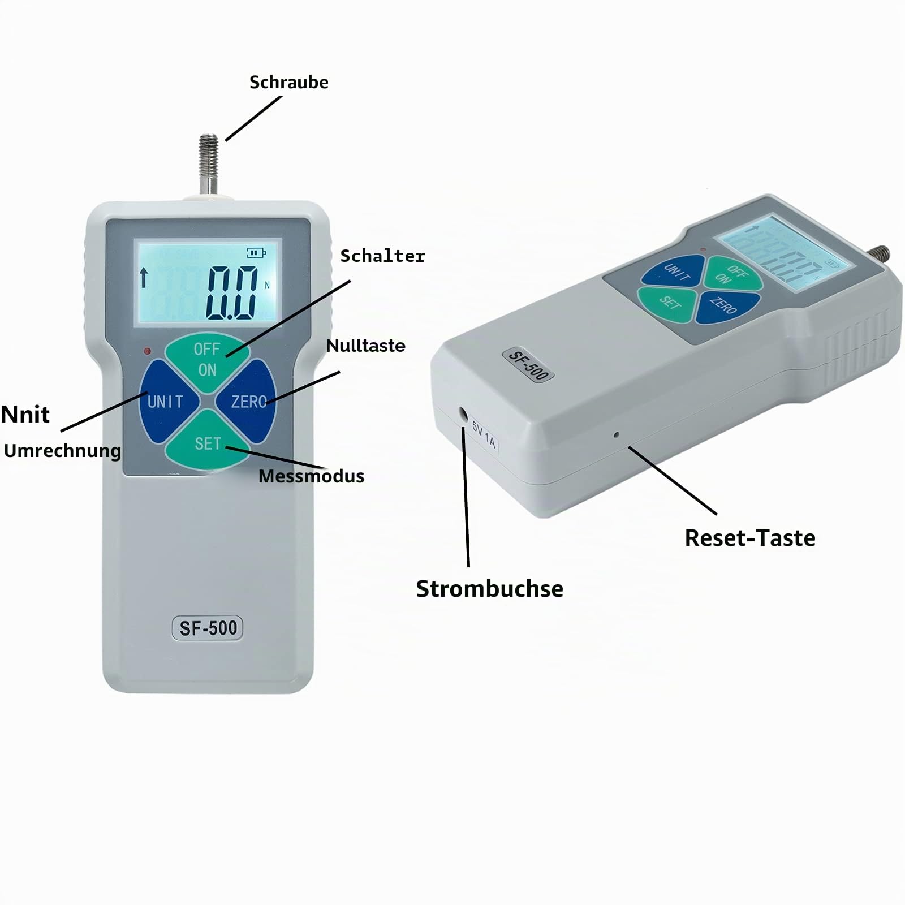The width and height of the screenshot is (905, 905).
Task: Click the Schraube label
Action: tap(288, 83)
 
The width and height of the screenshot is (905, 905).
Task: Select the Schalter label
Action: tap(382, 256)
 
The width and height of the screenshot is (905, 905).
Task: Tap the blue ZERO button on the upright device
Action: tap(248, 402)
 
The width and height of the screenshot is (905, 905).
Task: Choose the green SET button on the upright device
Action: tap(208, 442)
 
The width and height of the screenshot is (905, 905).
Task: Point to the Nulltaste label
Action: tap(365, 346)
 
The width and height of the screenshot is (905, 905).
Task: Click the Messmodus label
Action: tap(311, 476)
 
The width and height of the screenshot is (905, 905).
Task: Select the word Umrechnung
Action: tap(62, 451)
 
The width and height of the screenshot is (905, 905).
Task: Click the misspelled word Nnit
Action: tap(25, 415)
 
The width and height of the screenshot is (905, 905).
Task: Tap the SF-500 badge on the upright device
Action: tap(208, 628)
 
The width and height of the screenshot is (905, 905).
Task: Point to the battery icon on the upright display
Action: tap(256, 253)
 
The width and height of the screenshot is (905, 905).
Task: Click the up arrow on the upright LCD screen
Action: tap(144, 278)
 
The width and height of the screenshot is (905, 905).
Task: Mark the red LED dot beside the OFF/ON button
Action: tap(148, 351)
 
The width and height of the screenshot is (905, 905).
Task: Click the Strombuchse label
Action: tap(489, 589)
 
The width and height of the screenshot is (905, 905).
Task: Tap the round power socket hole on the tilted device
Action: tap(464, 414)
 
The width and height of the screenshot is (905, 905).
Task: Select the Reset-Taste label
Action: tap(750, 538)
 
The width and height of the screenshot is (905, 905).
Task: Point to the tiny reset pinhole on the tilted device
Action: tap(616, 435)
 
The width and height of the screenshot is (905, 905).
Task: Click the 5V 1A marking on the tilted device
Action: tap(484, 436)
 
